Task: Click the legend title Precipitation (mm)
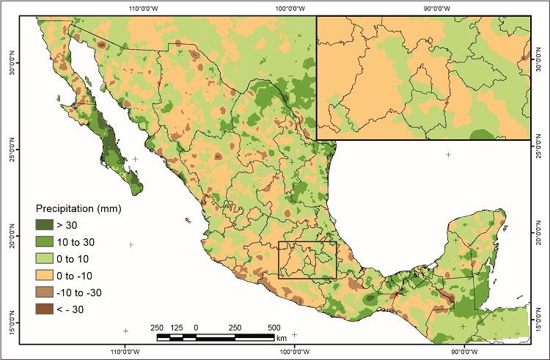pyautogui.click(x=78, y=208)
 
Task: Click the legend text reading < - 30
pyautogui.click(x=84, y=309)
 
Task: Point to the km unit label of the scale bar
pyautogui.click(x=282, y=338)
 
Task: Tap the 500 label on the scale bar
pyautogui.click(x=274, y=327)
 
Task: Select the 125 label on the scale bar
pyautogui.click(x=176, y=327)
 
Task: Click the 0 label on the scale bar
pyautogui.click(x=196, y=327)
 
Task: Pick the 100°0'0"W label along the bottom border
pyautogui.click(x=294, y=351)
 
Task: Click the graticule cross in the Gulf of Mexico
pyautogui.click(x=448, y=155)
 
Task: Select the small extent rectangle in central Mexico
pyautogui.click(x=307, y=260)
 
